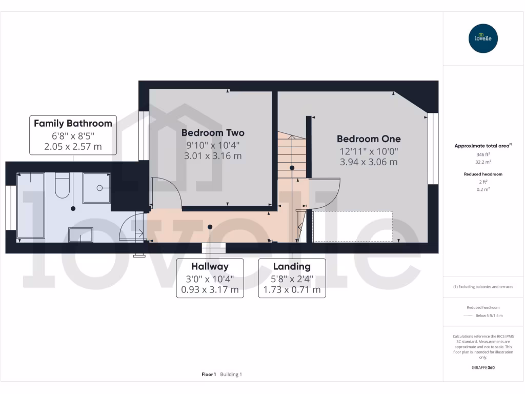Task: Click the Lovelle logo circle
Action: pos(483,38)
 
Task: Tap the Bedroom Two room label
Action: pos(213,133)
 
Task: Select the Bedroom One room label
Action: pos(369,139)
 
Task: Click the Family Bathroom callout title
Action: pos(73,123)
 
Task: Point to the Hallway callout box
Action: pos(210,278)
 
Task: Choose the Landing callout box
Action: pos(292,278)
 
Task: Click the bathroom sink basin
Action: pos(80,234)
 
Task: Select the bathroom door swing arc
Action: pos(131,227)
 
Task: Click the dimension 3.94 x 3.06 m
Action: pos(369,162)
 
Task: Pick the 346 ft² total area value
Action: pos(483,154)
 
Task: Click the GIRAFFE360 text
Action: pos(483,367)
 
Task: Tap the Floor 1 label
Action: pos(209,375)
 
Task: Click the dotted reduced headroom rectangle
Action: pos(353,226)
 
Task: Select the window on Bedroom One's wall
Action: pos(433,149)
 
